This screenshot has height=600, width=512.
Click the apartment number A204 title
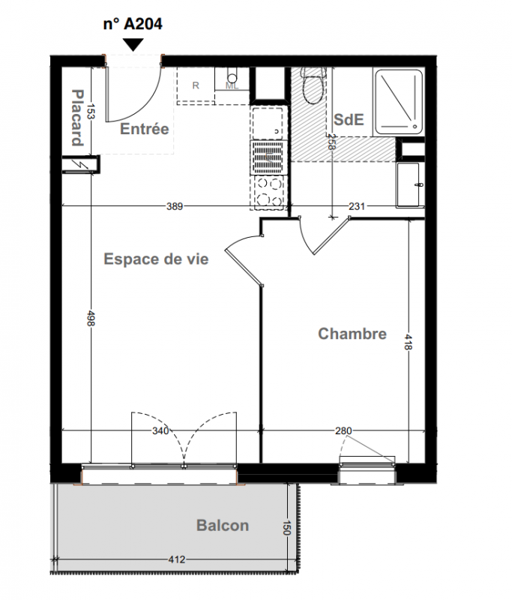[x=133, y=24]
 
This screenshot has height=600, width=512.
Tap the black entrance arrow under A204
[x=133, y=44]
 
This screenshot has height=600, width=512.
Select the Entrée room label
[x=145, y=129]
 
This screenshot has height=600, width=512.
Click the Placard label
[x=78, y=118]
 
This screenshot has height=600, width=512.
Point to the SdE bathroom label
[x=349, y=120]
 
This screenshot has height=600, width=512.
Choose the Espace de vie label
[x=156, y=259]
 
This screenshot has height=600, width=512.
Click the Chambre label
[x=352, y=334]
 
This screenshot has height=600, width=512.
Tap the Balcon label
[x=223, y=526]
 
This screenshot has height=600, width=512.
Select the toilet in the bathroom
[x=313, y=85]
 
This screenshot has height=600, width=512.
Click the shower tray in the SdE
[x=399, y=102]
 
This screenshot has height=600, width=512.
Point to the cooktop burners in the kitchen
[x=268, y=192]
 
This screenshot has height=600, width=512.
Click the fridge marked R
[x=196, y=85]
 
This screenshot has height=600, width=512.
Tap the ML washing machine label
[x=232, y=86]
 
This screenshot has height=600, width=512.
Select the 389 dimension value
[x=175, y=207]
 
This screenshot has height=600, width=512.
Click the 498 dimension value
[x=91, y=319]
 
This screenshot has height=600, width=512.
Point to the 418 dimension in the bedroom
[x=409, y=342]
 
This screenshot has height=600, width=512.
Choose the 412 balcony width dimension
[x=177, y=559]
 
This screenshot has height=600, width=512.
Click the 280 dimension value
[x=343, y=431]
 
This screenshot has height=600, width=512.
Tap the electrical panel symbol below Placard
[x=81, y=164]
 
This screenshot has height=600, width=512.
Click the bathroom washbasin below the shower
[x=410, y=185]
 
